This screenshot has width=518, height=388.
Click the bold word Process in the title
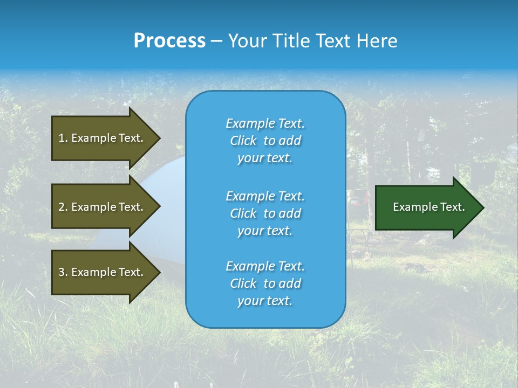(x=169, y=41)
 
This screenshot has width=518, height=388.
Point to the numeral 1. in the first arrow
(x=63, y=138)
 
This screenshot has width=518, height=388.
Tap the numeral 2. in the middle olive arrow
(x=63, y=207)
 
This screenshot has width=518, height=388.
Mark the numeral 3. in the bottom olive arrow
(x=63, y=272)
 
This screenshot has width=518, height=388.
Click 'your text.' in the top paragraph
(x=265, y=158)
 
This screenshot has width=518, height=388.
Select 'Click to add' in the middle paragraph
(x=265, y=213)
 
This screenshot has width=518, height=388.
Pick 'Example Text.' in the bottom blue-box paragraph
(x=265, y=266)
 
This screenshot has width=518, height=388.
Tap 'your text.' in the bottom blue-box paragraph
(x=265, y=301)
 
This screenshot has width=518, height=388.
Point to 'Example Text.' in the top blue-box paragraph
(x=265, y=123)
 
